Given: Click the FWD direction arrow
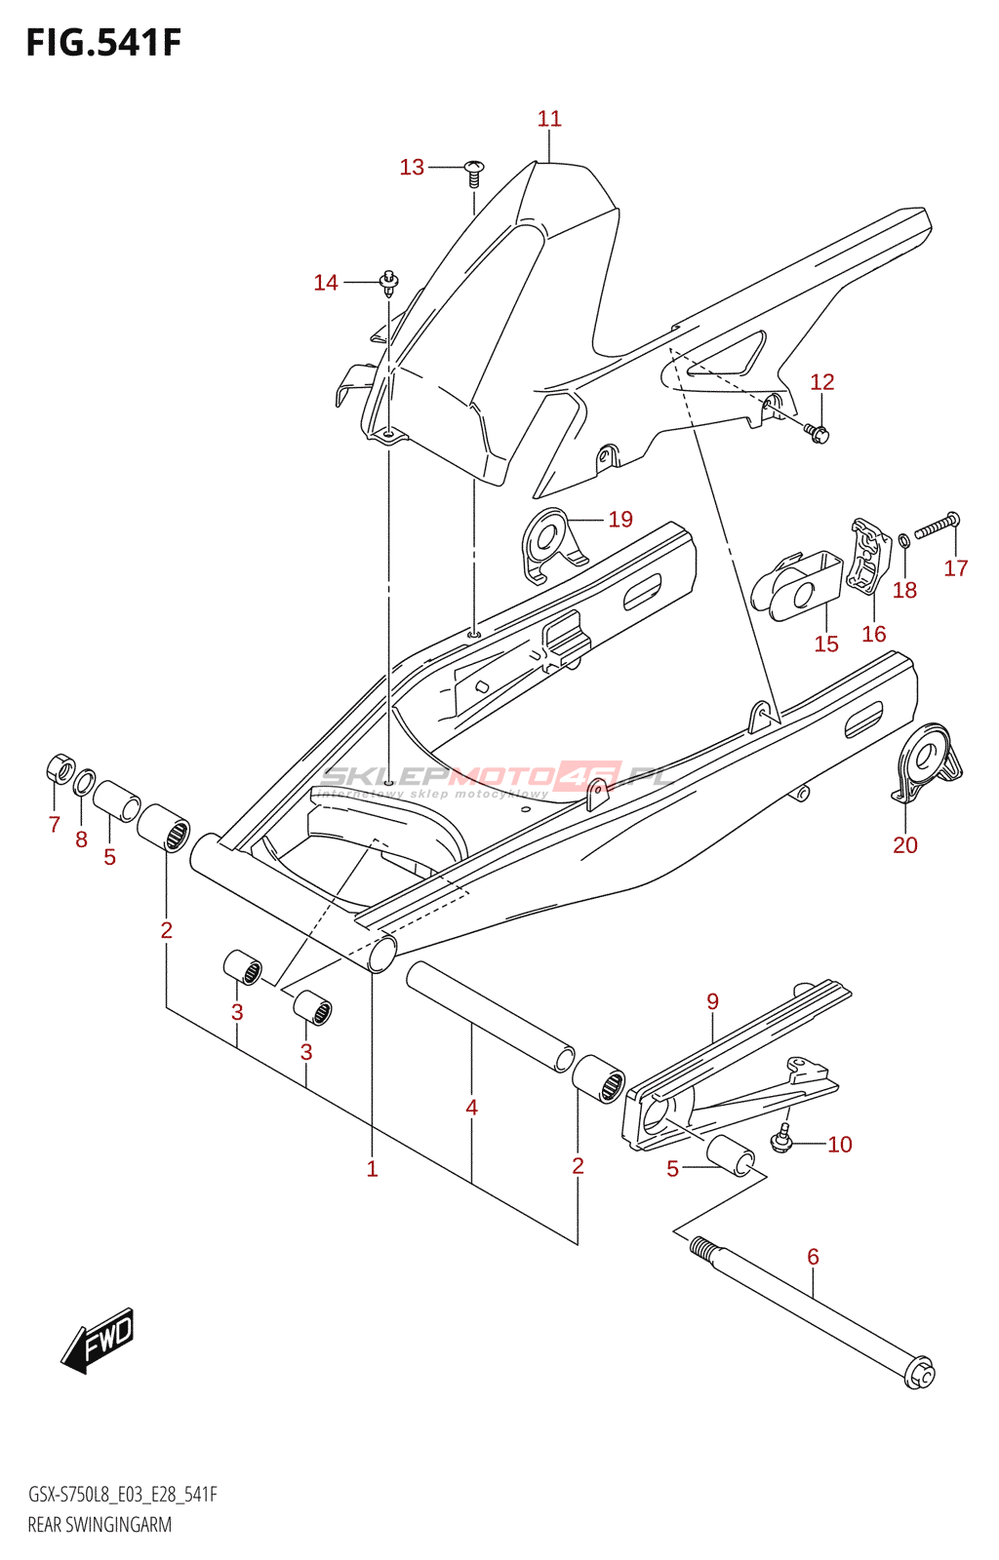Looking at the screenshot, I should (99, 1341).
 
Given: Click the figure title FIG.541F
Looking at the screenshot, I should (103, 44).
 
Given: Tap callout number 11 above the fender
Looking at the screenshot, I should (549, 119).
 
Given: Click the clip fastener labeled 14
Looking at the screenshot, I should (389, 283).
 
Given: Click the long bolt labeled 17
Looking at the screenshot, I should (937, 526).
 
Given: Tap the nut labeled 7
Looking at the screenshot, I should (60, 769).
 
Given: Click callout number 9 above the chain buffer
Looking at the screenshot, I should (713, 1001).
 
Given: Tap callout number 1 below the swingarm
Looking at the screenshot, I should (372, 1168).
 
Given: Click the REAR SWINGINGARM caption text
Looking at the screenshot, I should (100, 1525).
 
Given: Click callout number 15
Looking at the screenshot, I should (826, 643).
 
